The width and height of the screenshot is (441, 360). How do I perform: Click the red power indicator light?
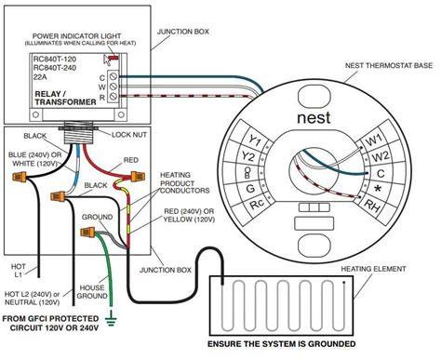coord(114,58)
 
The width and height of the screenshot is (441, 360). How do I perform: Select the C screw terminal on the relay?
coord(114,76)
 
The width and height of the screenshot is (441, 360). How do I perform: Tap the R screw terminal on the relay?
coord(114,96)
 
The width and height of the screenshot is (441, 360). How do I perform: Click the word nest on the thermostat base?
coord(314,118)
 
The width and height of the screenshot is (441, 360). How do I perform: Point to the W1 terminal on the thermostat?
coord(374,140)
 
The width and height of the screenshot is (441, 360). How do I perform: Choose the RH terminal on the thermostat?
coord(372,206)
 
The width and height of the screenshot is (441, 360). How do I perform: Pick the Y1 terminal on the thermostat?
coord(255,141)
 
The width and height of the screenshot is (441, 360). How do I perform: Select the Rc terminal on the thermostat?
coord(257,204)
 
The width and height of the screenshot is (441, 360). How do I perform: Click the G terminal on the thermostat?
coord(250,188)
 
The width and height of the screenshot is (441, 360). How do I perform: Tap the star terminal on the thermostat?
coord(378,189)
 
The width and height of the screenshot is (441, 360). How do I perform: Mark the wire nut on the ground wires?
coord(87,232)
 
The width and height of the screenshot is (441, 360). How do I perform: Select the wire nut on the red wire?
coord(138,176)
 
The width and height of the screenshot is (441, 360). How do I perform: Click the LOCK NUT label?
coord(129,135)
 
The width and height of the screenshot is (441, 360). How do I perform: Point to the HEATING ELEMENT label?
coord(373,269)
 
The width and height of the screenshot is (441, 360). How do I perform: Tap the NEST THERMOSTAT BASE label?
coord(389,66)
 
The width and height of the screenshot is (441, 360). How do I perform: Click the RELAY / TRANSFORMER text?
coord(65,98)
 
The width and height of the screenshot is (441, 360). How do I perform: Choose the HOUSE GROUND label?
coord(92,292)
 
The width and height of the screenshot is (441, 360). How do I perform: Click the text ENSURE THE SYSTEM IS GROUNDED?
coord(282,344)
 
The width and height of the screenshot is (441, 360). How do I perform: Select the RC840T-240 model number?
coord(55,68)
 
